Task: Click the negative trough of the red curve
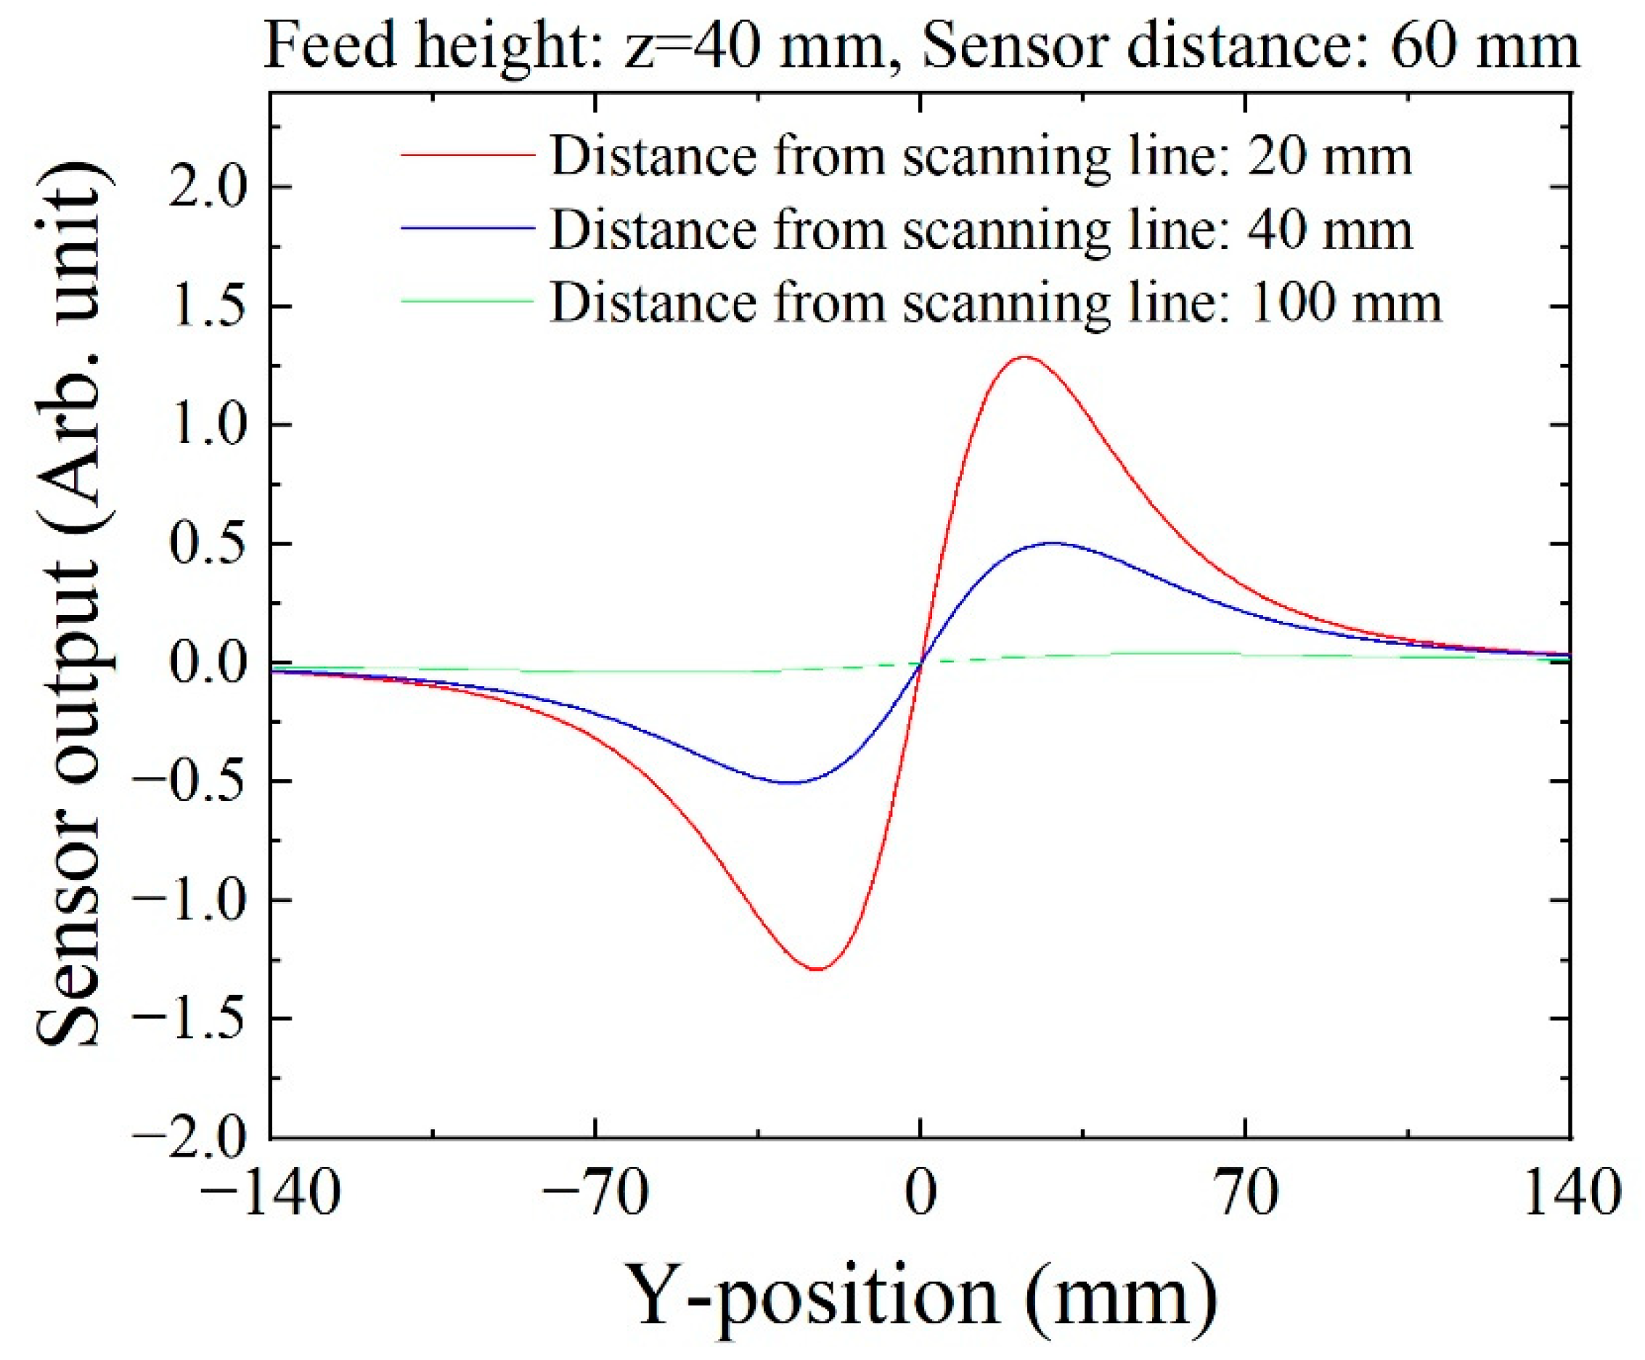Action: coord(817,969)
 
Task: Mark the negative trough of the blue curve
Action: coord(791,783)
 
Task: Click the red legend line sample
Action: coord(468,156)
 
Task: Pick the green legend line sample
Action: coord(468,301)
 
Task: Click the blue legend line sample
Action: coord(468,229)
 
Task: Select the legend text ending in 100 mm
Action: coord(995,301)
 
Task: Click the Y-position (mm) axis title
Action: coord(924,1297)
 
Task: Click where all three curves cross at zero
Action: coord(921,663)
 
